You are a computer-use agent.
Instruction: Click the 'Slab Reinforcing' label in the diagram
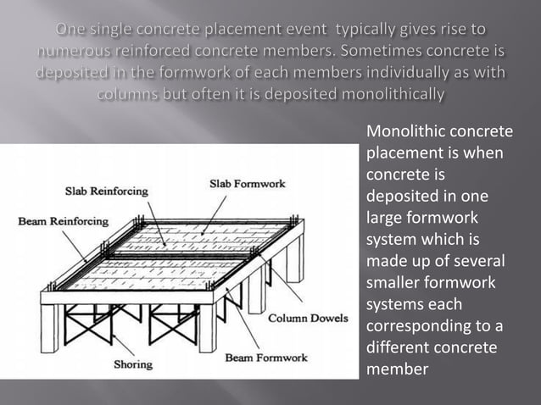[106, 191]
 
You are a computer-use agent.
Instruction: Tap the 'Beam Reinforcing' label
[63, 221]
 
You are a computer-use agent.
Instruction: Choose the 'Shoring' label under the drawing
[133, 365]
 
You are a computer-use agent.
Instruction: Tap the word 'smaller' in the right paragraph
[395, 284]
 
